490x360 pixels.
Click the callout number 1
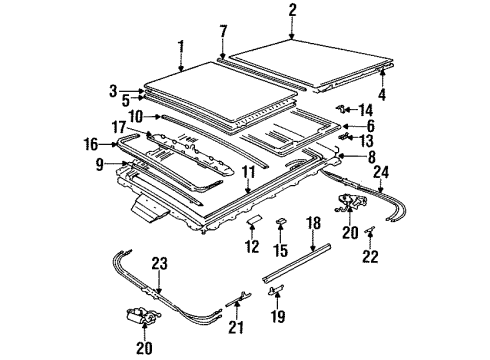pos(181,50)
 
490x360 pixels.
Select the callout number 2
pos(292,10)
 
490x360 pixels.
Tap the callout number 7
pos(223,32)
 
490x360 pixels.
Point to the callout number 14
pos(366,110)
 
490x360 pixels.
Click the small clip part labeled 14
pos(340,108)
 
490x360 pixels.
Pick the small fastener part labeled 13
pos(344,136)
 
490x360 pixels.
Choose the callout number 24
pos(381,172)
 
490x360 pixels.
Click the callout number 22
pos(370,257)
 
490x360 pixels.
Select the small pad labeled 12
pos(254,220)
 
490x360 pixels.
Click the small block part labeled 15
pos(281,221)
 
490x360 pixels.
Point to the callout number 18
pos(314,223)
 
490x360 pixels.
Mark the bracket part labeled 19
pos(275,289)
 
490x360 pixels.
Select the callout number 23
pos(160,264)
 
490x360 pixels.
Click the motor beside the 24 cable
pos(350,202)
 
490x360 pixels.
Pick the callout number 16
pos(91,144)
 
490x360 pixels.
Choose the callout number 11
pos(248,172)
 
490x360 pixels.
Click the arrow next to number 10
pos(152,117)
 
